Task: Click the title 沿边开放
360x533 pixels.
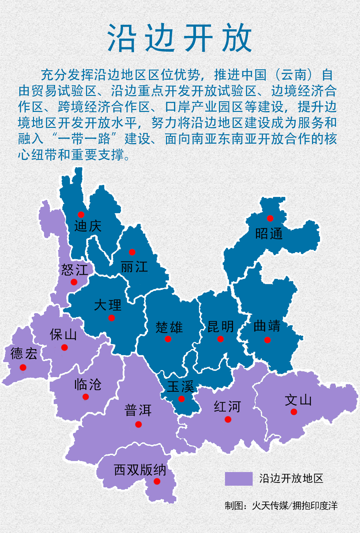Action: click(180, 38)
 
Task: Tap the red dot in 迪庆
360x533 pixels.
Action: click(81, 215)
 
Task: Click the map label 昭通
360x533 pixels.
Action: click(269, 234)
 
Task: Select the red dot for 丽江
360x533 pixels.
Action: click(132, 252)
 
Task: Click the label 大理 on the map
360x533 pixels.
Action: click(108, 305)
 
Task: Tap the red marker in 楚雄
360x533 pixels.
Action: click(168, 339)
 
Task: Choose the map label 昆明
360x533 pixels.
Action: click(220, 327)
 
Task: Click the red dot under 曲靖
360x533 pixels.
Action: click(267, 340)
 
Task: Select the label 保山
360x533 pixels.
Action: click(63, 334)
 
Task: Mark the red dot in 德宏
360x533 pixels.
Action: click(23, 367)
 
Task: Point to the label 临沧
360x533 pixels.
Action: click(88, 385)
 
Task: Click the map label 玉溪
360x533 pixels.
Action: click(180, 387)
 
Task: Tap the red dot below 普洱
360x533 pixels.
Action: click(138, 424)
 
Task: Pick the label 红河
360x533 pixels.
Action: click(227, 407)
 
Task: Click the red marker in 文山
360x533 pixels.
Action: click(294, 412)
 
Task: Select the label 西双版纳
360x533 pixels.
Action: click(140, 470)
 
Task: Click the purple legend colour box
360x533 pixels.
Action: click(239, 479)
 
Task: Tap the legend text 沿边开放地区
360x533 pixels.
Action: click(291, 479)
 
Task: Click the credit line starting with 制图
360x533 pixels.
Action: click(281, 506)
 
